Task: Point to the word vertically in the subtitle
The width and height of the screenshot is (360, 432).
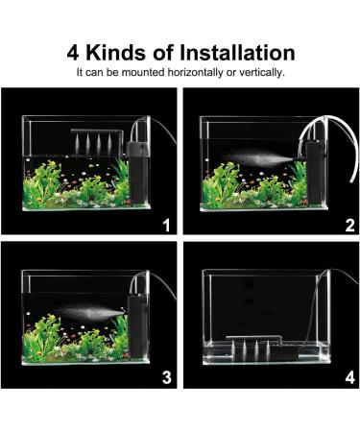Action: [260, 72]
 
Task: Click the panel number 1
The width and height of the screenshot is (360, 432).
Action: [166, 227]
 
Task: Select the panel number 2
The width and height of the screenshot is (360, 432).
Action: [349, 227]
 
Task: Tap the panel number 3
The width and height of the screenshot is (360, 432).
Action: [166, 377]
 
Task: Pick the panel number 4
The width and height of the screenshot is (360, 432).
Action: [349, 377]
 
